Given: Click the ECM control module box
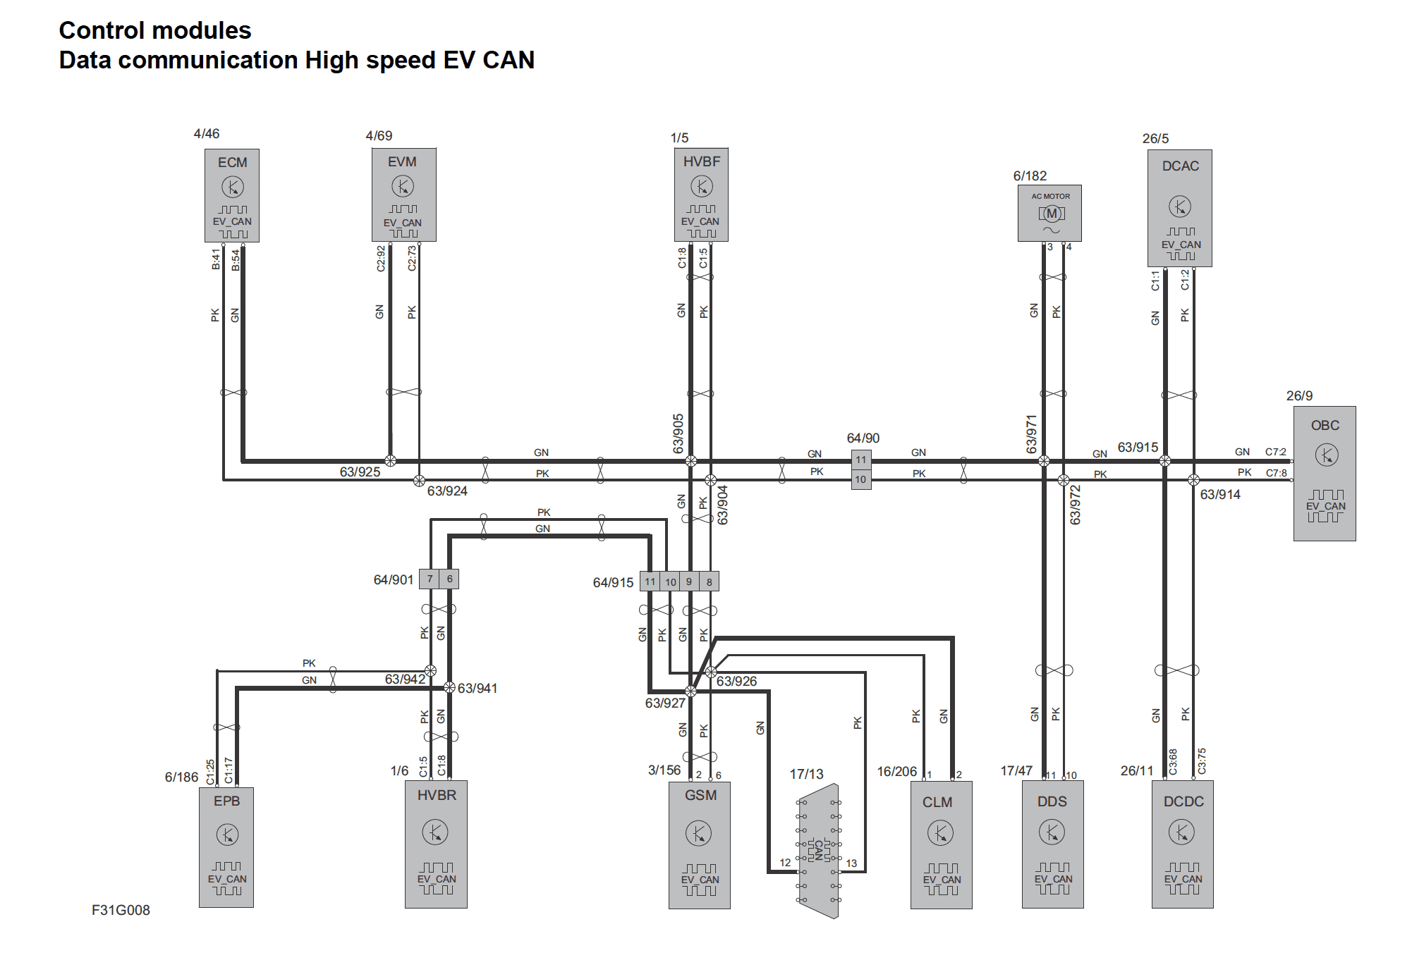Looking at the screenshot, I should click(x=232, y=195).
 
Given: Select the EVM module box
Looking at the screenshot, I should click(x=403, y=195).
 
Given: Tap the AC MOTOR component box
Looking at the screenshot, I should click(x=1049, y=213).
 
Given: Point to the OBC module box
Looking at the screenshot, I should click(x=1325, y=473).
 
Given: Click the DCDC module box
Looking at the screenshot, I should click(x=1182, y=844).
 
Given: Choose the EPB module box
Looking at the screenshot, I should click(x=226, y=847).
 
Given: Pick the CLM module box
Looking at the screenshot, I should click(x=941, y=844).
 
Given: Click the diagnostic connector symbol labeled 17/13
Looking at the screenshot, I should click(x=819, y=851).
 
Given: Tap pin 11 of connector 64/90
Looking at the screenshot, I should click(x=861, y=460).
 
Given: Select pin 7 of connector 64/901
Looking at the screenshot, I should click(x=430, y=579).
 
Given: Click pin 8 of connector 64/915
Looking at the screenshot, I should click(x=710, y=581).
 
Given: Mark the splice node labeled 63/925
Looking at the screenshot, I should click(x=390, y=461).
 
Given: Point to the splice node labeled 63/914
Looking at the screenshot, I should click(x=1193, y=480).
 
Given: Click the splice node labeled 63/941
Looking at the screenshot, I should click(x=449, y=687).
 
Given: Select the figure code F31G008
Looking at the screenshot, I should click(x=121, y=910).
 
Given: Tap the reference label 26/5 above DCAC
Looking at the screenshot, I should click(x=1155, y=138).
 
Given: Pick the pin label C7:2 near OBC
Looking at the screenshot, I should click(x=1275, y=452).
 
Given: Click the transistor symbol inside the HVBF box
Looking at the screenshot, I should click(x=701, y=187).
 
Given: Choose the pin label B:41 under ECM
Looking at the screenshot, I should click(x=216, y=259).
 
